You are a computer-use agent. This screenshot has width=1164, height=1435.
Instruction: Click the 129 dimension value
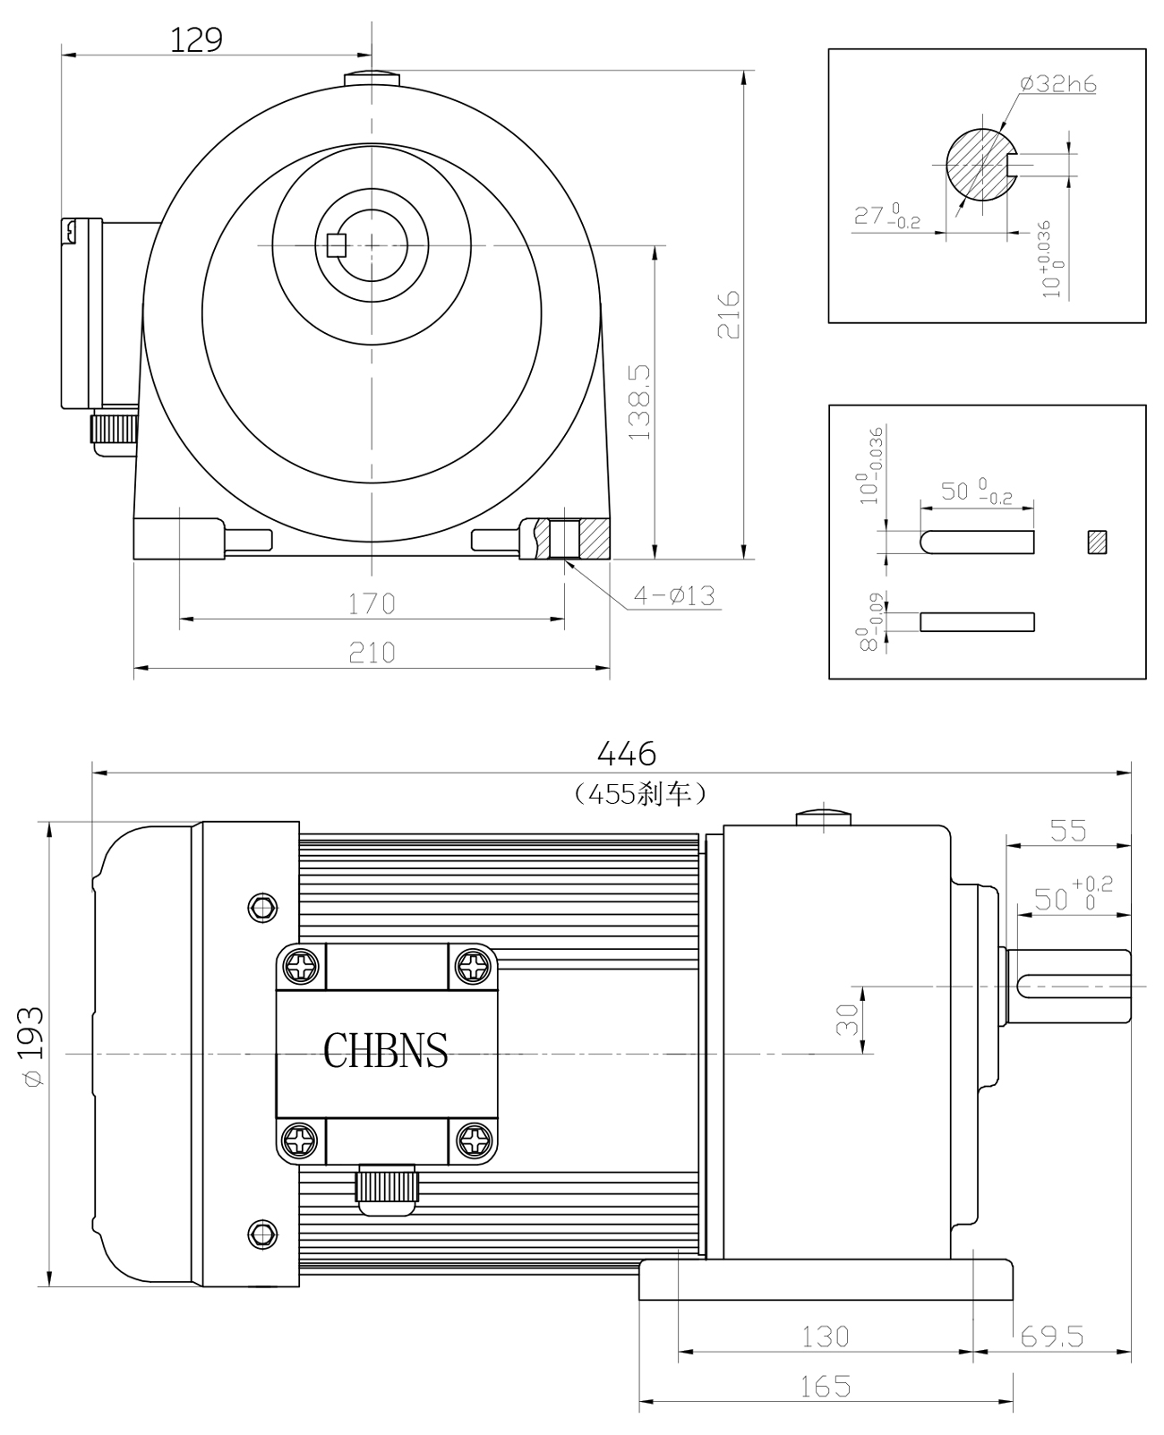click(196, 39)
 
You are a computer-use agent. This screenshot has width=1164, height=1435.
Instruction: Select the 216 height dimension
click(729, 314)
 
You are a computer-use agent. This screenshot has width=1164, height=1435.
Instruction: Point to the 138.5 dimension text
click(640, 402)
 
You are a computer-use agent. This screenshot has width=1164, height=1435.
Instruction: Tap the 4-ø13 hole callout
click(674, 594)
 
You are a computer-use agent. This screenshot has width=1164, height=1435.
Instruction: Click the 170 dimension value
click(372, 604)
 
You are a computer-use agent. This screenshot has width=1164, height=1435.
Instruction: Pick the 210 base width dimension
click(372, 653)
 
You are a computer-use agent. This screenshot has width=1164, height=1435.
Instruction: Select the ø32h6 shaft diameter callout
click(1058, 84)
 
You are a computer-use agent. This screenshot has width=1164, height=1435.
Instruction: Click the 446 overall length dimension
click(627, 755)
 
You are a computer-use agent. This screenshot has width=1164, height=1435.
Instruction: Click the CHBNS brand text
click(386, 1051)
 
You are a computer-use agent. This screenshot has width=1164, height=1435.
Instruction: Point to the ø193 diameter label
click(31, 1046)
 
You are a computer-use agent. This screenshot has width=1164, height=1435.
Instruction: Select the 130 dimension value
click(825, 1337)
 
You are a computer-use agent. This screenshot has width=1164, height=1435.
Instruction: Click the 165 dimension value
click(825, 1387)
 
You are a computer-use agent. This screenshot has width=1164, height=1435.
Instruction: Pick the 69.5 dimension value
click(1052, 1337)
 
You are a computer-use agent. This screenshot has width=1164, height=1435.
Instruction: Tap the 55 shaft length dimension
click(1067, 831)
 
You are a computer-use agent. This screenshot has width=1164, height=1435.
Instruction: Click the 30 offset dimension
click(846, 1020)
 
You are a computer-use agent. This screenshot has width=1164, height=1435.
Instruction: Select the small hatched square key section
click(1098, 542)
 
